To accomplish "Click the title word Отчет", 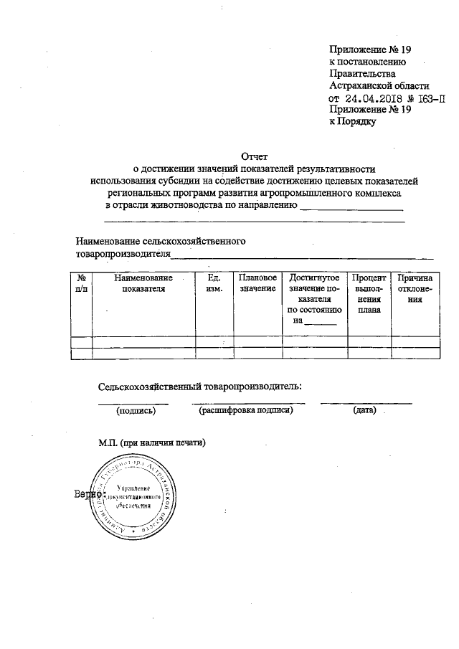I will click(255, 156).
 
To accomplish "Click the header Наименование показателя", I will click(143, 283).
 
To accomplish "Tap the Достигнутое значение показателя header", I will click(313, 298).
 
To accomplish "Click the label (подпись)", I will click(136, 411).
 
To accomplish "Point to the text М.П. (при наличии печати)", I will click(152, 442).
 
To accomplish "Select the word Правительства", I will click(362, 73).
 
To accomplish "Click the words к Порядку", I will click(353, 122).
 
